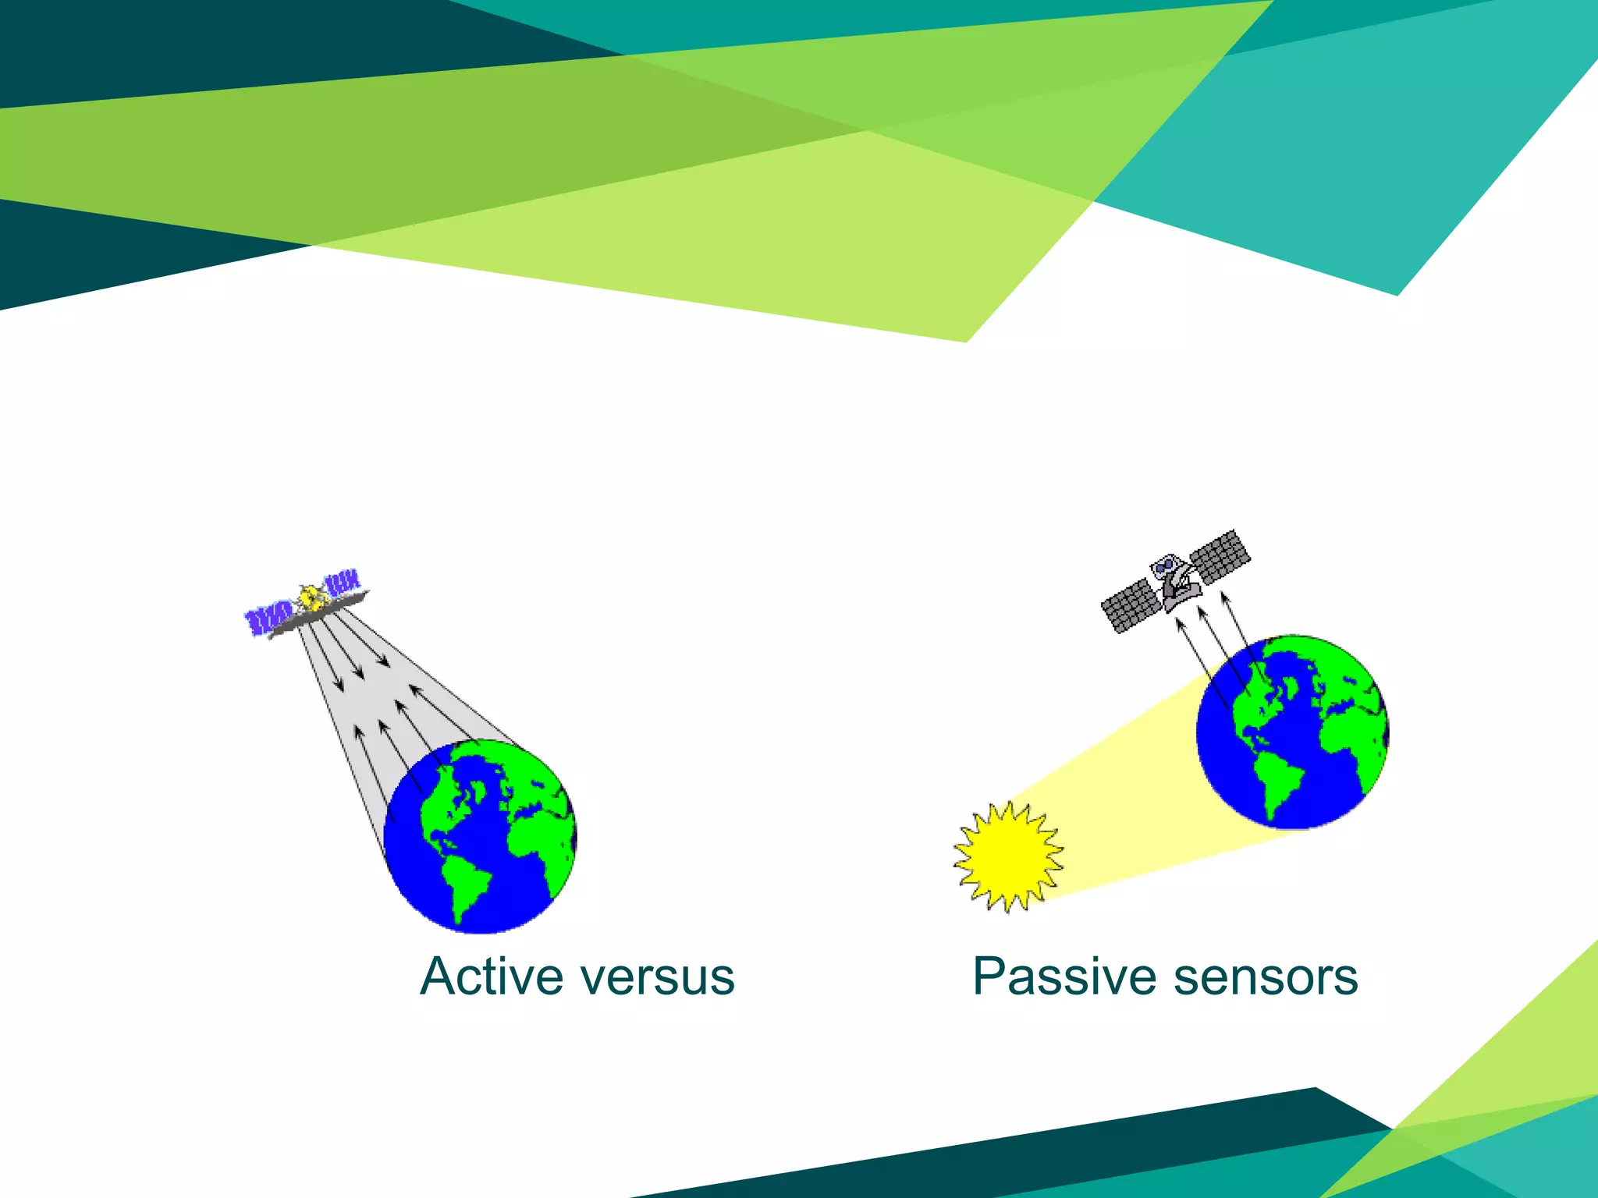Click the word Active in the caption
[490, 976]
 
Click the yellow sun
[1007, 857]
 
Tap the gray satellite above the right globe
[1175, 581]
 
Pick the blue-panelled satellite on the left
[306, 605]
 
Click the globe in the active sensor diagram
[480, 836]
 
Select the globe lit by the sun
[1292, 732]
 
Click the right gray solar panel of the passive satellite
[1220, 556]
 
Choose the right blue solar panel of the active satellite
[343, 583]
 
